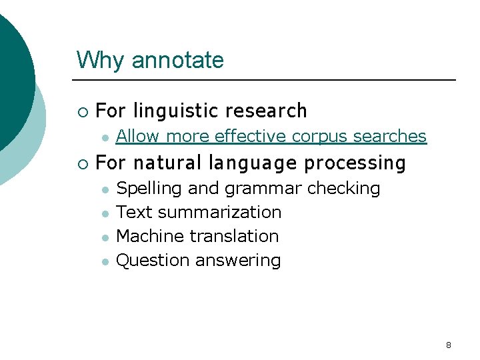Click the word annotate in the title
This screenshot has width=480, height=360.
pos(178,61)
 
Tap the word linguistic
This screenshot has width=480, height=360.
pos(176,111)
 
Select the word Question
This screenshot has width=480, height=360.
pos(153,260)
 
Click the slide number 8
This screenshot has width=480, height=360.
pos(448,345)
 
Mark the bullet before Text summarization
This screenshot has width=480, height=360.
pos(105,214)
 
